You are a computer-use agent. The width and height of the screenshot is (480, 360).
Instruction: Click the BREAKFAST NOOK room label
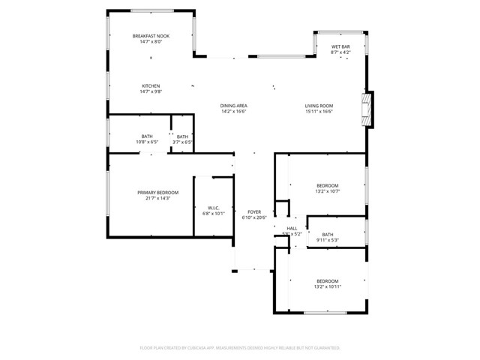click(x=151, y=36)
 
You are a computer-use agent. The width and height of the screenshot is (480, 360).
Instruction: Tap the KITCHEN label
click(x=151, y=85)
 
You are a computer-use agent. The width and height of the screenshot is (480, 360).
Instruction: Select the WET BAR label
click(x=341, y=46)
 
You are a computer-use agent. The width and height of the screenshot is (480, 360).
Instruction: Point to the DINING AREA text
click(x=233, y=106)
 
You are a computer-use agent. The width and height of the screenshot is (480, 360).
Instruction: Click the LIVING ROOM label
click(x=319, y=106)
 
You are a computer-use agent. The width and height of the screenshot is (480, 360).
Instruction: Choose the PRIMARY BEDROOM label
click(x=157, y=193)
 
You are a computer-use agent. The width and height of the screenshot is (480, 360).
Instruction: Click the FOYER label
click(x=254, y=212)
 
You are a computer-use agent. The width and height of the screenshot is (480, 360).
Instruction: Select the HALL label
click(x=292, y=228)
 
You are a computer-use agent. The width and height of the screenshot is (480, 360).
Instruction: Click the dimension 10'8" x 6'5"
click(x=147, y=142)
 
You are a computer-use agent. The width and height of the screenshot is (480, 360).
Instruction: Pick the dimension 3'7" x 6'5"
click(x=183, y=142)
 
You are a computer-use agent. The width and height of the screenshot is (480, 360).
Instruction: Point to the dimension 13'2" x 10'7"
click(x=328, y=191)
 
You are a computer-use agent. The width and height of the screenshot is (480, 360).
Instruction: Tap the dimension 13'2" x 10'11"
click(x=328, y=286)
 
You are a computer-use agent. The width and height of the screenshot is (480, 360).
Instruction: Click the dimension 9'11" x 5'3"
click(x=328, y=240)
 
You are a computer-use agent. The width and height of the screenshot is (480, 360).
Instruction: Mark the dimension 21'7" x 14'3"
click(x=157, y=198)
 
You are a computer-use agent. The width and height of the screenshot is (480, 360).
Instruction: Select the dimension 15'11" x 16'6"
click(x=319, y=111)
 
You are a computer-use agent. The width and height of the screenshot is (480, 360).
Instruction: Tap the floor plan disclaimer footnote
click(x=240, y=348)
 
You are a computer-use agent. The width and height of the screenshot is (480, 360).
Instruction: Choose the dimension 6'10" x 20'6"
click(x=254, y=217)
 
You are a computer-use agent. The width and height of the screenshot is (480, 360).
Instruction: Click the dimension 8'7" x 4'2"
click(x=341, y=52)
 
